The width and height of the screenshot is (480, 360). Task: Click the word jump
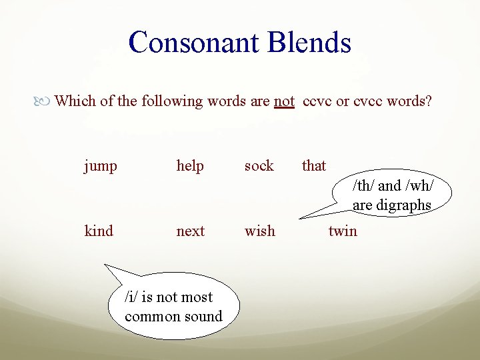tap(100, 166)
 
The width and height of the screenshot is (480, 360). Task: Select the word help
tap(190, 166)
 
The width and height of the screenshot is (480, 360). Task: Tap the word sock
tap(259, 165)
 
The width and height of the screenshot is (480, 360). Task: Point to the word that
tap(314, 165)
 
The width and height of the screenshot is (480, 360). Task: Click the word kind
tap(99, 231)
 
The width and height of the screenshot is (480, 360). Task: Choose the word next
tap(191, 231)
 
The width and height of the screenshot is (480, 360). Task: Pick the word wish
tap(259, 231)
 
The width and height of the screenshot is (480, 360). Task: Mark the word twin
tap(343, 231)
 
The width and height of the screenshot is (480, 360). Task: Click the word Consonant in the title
tap(195, 42)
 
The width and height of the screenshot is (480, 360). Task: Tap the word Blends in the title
tap(310, 42)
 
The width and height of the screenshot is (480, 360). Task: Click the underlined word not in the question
tap(284, 101)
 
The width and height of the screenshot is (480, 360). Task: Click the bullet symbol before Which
tap(46, 102)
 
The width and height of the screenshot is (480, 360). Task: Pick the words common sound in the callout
tap(173, 317)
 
